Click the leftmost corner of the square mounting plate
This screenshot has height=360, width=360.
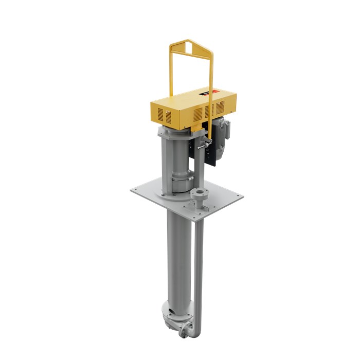click(x=131, y=189)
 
